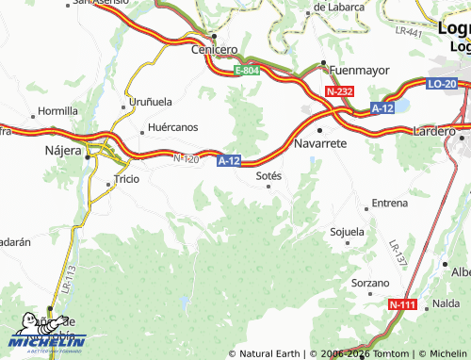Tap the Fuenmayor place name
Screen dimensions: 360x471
(x=359, y=69)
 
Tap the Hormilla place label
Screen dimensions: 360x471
(x=58, y=110)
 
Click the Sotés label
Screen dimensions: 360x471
(x=269, y=174)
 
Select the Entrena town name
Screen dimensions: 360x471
(x=390, y=203)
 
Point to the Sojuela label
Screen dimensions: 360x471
(x=347, y=231)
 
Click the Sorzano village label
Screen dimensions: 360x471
(x=369, y=283)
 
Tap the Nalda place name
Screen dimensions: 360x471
(x=446, y=303)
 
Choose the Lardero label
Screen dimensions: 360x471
(x=433, y=131)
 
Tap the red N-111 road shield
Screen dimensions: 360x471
(x=402, y=304)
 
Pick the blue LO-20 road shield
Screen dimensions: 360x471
(x=441, y=84)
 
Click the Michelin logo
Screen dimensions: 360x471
(x=47, y=337)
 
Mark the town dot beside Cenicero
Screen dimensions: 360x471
(x=215, y=37)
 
